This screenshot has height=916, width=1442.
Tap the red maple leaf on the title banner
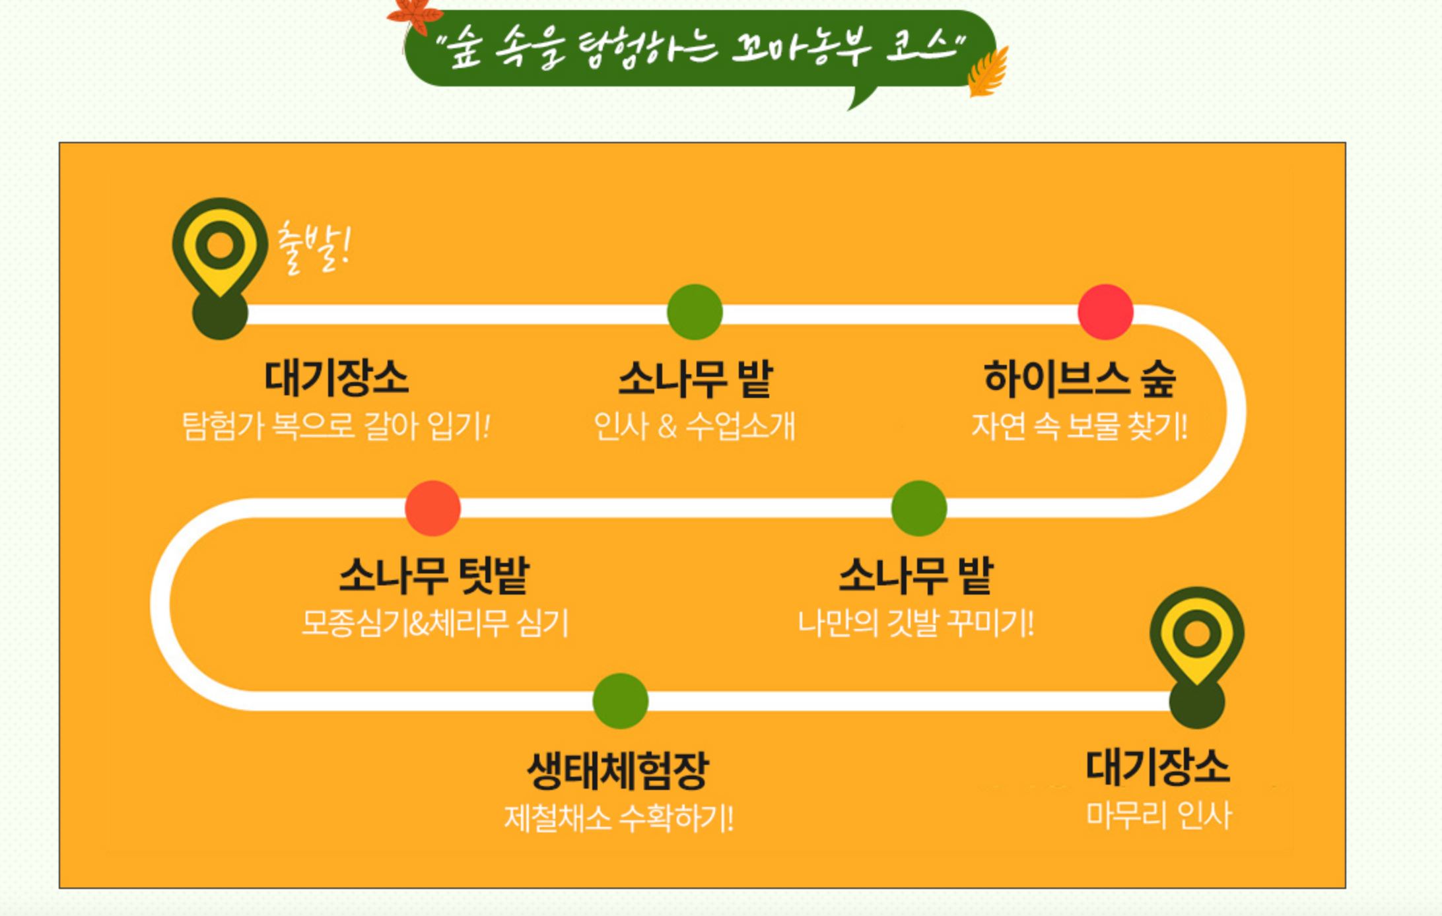[415, 15]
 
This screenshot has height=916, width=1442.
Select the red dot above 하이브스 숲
[1105, 311]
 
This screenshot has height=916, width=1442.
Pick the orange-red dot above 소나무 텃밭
[432, 507]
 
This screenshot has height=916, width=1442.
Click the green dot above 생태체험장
[620, 701]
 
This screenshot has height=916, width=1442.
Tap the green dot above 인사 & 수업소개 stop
[695, 311]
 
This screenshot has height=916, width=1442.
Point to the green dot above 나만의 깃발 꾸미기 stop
[918, 507]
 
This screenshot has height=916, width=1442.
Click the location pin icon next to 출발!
[220, 247]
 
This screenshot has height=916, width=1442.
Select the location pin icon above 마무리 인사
[1196, 636]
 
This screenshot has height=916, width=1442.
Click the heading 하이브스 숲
[1080, 379]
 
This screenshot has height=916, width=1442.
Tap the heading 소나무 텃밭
[434, 575]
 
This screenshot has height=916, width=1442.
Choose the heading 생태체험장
[618, 771]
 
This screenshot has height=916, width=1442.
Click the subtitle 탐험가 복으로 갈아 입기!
[336, 426]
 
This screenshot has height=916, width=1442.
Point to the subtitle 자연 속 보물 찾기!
[1080, 426]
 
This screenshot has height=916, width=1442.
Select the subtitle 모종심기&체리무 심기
[434, 622]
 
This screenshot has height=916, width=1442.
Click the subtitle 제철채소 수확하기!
[619, 818]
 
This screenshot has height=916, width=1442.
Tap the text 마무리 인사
[1159, 815]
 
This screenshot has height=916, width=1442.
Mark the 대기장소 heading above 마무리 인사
[1157, 767]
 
